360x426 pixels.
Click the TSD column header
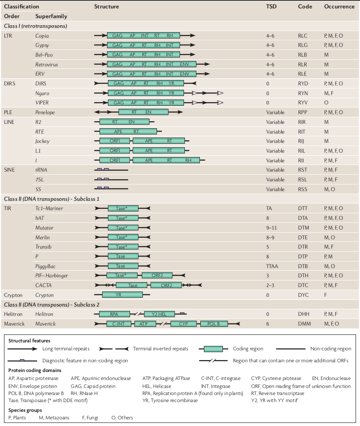point(272,7)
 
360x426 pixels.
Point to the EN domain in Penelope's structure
point(148,112)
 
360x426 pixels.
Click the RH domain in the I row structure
point(188,161)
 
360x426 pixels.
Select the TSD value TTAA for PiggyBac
point(273,266)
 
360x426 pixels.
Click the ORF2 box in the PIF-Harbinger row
point(157,276)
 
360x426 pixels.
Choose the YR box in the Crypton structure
point(123,295)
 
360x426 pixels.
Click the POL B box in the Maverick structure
point(214,324)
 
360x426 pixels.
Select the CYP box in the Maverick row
point(184,324)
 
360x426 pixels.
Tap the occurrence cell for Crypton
point(325,295)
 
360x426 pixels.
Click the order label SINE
point(9,170)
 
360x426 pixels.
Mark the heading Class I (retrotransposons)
point(35,26)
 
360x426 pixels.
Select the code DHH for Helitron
point(303,314)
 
